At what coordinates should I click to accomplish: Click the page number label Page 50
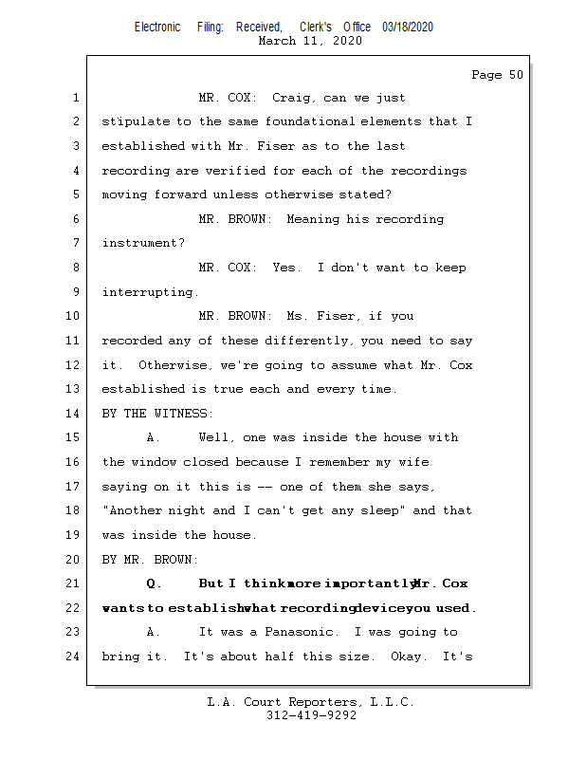tap(497, 75)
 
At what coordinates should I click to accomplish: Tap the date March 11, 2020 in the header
tap(309, 41)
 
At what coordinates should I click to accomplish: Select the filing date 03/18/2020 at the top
tap(408, 28)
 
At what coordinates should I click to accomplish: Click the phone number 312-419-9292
tap(311, 715)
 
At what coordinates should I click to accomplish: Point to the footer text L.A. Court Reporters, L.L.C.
tap(311, 702)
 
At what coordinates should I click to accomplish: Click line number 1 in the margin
tap(75, 98)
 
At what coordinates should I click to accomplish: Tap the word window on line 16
tap(154, 462)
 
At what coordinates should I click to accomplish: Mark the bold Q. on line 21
tap(155, 583)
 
